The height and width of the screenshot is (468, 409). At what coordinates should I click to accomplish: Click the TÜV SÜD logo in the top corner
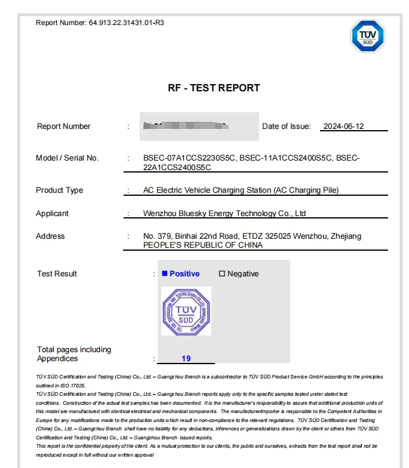tap(367, 36)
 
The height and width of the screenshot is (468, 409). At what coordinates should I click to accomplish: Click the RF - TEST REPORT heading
tap(214, 88)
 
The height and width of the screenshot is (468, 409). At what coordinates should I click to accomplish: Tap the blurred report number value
tap(187, 126)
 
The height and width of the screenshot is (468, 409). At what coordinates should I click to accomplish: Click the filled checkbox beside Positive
tap(164, 274)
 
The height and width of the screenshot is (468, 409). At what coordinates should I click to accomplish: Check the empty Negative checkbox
tap(222, 274)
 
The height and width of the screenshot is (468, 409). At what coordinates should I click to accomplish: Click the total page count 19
tap(186, 359)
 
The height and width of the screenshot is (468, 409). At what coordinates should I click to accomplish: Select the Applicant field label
tap(53, 214)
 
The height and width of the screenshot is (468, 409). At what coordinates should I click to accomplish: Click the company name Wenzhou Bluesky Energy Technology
tap(225, 214)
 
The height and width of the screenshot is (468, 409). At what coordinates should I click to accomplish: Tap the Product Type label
tap(60, 190)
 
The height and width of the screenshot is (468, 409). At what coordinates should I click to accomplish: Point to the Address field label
tap(50, 236)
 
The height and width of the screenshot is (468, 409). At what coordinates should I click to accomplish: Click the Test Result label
tap(57, 274)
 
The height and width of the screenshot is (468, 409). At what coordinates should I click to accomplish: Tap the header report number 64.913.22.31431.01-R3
tap(127, 23)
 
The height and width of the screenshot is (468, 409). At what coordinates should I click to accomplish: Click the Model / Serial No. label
tap(67, 158)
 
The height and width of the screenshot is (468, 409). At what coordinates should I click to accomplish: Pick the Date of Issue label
tap(287, 127)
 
